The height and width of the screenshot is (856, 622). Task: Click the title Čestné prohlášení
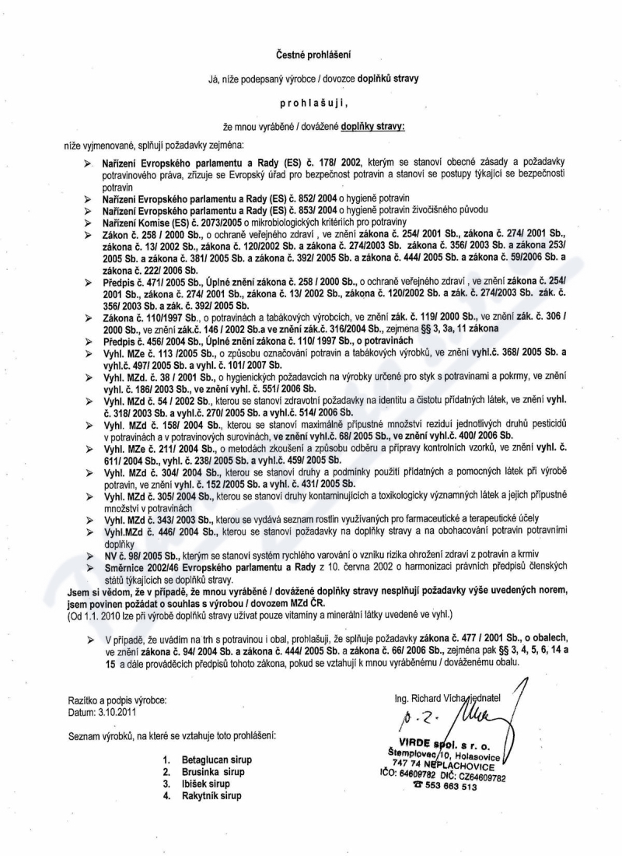pos(311,54)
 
